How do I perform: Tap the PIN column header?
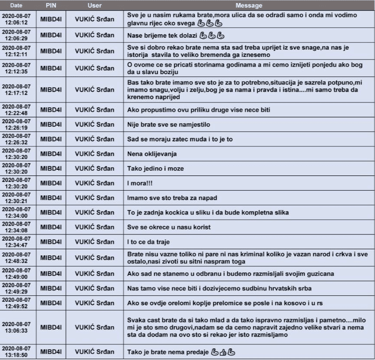point(51,6)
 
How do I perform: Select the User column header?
point(95,6)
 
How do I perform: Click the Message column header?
point(249,6)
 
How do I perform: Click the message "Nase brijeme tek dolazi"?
point(162,36)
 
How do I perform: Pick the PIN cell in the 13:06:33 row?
point(51,327)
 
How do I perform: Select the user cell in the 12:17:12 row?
point(95,90)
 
